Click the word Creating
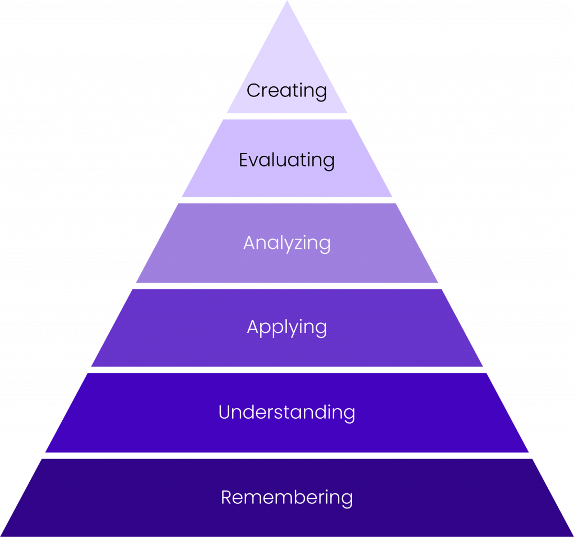coord(286,90)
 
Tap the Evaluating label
coord(286,160)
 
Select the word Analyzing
coord(286,243)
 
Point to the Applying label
coord(286,327)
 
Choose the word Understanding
coord(286,413)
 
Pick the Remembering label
coord(286,497)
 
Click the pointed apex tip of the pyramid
coord(287,2)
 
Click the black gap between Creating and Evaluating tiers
coord(287,117)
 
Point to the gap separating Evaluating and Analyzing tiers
coord(287,200)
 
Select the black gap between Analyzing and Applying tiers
coord(287,286)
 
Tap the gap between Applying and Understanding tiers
coord(287,370)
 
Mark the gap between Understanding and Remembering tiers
coord(287,455)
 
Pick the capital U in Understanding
coord(225,413)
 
